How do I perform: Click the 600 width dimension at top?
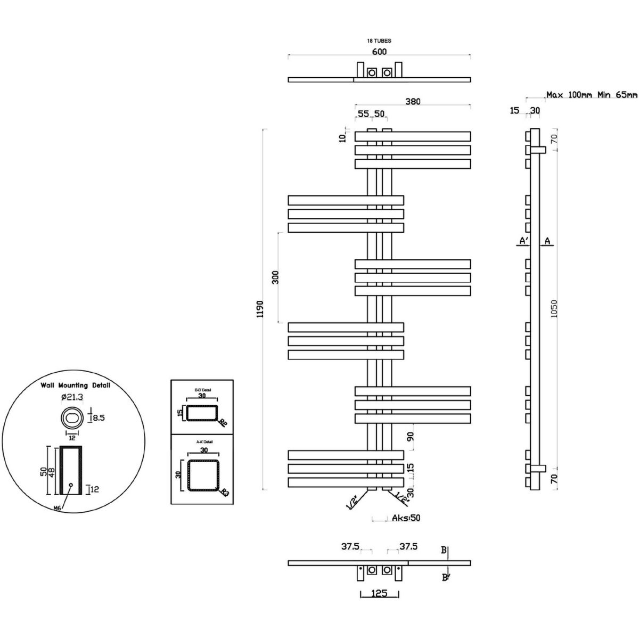(379, 52)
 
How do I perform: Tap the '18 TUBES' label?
(379, 40)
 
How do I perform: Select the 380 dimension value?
(413, 102)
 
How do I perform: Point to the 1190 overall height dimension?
(260, 309)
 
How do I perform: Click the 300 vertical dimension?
(275, 277)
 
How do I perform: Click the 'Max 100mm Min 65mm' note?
(591, 95)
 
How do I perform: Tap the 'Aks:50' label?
(407, 518)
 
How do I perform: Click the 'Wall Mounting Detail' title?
(76, 385)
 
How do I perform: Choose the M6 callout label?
(58, 508)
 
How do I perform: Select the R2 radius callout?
(222, 423)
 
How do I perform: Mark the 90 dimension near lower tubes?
(409, 437)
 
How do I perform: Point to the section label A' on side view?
(523, 241)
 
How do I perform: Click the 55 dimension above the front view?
(363, 113)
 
